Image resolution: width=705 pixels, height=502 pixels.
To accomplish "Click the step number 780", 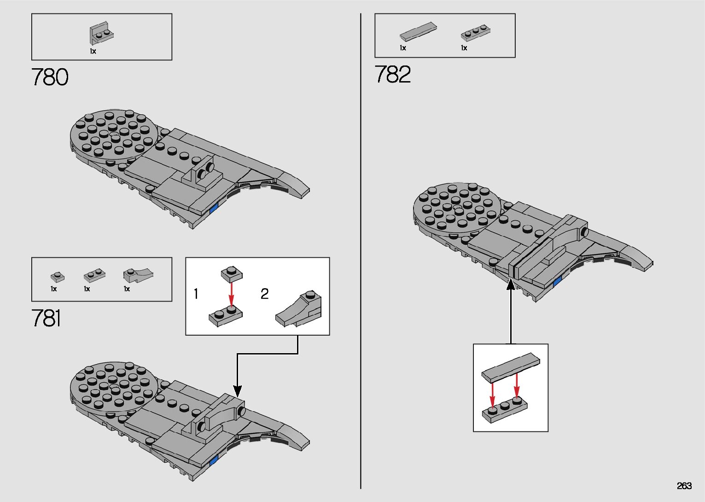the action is click(x=50, y=77).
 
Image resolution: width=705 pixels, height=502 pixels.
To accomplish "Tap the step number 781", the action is click(x=46, y=319).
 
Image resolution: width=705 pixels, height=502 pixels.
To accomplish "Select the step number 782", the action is click(x=392, y=75).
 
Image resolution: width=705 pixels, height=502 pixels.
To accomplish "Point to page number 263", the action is click(x=684, y=486).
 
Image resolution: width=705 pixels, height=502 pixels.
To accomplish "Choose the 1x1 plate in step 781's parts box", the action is click(x=57, y=277).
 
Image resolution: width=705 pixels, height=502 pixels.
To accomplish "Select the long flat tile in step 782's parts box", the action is click(x=418, y=31).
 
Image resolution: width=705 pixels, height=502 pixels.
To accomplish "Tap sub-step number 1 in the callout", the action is click(x=196, y=294).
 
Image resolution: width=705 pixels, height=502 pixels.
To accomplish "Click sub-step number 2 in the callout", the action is click(x=264, y=294).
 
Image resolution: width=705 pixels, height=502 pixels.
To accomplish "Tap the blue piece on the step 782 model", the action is click(x=557, y=282).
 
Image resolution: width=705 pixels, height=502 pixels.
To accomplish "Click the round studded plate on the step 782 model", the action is click(x=457, y=207).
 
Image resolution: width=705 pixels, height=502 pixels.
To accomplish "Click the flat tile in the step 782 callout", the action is click(x=511, y=366).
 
